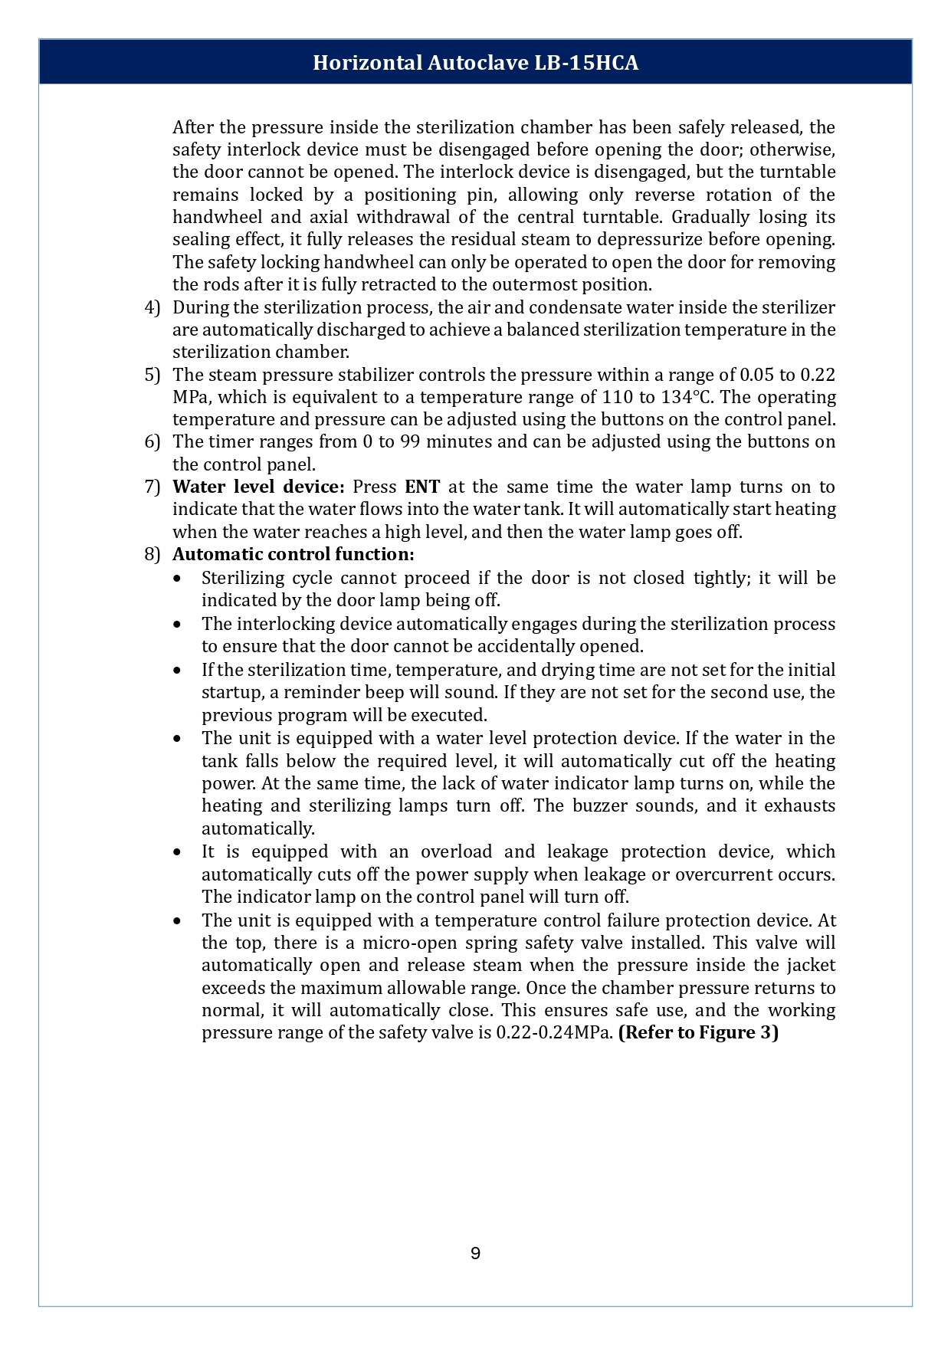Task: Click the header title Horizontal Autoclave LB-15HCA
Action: (x=475, y=63)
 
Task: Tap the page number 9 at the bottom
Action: (x=475, y=1254)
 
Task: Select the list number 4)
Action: (x=152, y=307)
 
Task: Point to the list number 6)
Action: (x=152, y=441)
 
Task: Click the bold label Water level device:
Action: (x=258, y=487)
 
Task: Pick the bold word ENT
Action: (x=422, y=487)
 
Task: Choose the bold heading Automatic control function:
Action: (x=293, y=554)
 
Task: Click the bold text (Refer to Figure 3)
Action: (x=698, y=1032)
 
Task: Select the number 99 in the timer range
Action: (x=410, y=441)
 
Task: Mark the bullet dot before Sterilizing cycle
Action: (x=178, y=579)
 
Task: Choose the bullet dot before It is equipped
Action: (x=178, y=852)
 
